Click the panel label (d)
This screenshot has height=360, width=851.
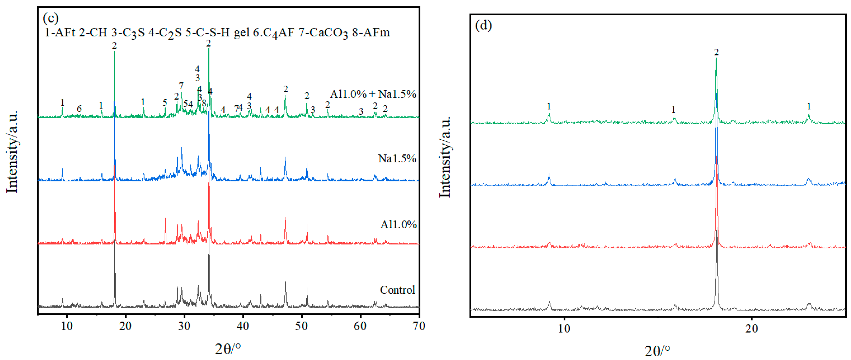[483, 25]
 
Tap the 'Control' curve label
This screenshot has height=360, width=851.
[397, 290]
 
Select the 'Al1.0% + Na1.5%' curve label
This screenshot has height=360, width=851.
[373, 94]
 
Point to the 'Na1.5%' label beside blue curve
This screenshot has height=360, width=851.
[397, 158]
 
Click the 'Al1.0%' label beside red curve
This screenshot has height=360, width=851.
[398, 225]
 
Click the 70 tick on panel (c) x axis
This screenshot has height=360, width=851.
[419, 326]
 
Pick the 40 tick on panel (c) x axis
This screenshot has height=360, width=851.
[243, 326]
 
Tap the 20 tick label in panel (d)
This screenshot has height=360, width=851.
[751, 329]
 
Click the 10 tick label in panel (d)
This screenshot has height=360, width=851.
[564, 329]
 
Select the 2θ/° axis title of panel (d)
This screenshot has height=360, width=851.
[658, 351]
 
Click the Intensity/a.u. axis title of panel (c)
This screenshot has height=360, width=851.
[12, 152]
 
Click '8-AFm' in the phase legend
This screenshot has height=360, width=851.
[371, 33]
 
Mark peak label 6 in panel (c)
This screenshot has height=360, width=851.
[79, 109]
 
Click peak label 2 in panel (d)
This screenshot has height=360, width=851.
[716, 52]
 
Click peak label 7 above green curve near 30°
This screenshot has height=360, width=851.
[181, 86]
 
